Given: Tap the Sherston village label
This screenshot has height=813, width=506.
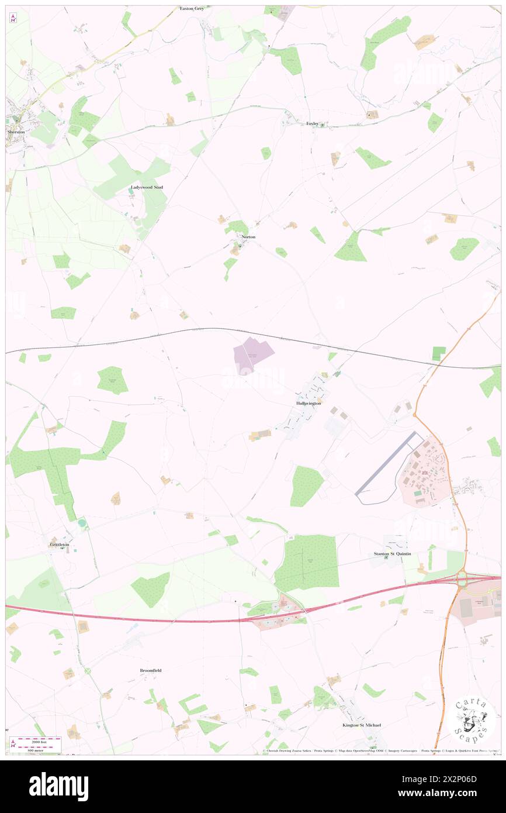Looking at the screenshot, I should click(16, 132).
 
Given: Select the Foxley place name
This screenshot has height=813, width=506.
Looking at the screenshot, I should click(313, 123).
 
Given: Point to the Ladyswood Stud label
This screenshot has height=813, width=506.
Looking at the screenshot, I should click(146, 187).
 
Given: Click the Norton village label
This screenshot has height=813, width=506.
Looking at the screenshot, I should click(248, 237).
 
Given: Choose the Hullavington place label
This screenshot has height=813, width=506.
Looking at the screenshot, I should click(309, 404).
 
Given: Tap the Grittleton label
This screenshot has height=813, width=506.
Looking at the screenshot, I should click(60, 545).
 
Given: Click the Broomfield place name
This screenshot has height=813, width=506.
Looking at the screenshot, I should click(150, 670).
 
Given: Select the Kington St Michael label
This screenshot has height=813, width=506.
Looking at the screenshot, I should click(362, 725).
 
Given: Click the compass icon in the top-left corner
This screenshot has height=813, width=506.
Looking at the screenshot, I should click(13, 18).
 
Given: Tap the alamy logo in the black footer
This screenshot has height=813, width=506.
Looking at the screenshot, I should click(58, 787).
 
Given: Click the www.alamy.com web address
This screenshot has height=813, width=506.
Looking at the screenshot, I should click(455, 794).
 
